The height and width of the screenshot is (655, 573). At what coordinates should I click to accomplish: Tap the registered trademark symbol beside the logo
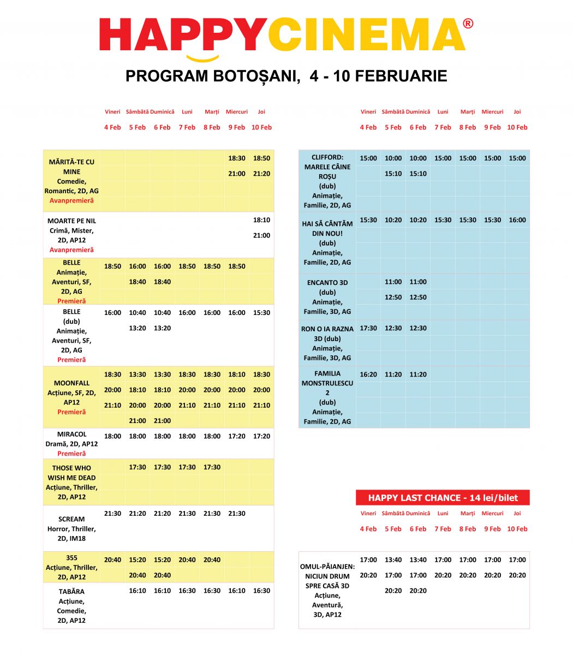[x=468, y=24]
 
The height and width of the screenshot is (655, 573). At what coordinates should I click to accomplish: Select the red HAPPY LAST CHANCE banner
[x=443, y=497]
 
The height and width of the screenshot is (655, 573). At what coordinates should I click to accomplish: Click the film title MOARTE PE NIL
[x=71, y=221]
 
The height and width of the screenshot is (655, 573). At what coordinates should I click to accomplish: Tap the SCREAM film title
[x=71, y=519]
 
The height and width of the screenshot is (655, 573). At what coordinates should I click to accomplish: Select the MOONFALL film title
[x=71, y=383]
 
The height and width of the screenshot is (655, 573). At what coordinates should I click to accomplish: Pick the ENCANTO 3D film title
[x=327, y=283]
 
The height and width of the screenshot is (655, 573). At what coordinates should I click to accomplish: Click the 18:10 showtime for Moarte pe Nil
[x=261, y=220]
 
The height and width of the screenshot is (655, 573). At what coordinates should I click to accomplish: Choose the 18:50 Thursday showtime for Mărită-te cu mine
[x=261, y=158]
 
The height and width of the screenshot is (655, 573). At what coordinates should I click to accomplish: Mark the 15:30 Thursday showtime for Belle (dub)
[x=261, y=313]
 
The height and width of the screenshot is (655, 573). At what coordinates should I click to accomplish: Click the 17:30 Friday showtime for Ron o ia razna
[x=368, y=329]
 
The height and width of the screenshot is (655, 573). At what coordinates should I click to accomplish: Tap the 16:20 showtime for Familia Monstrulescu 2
[x=368, y=374]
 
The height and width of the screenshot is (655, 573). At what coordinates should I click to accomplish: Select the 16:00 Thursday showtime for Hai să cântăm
[x=517, y=220]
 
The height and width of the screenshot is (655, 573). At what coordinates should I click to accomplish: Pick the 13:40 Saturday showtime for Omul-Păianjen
[x=393, y=560]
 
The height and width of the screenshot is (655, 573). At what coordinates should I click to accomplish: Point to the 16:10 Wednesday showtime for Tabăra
[x=237, y=591]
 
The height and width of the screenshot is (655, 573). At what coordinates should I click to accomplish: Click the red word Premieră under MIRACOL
[x=71, y=454]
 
